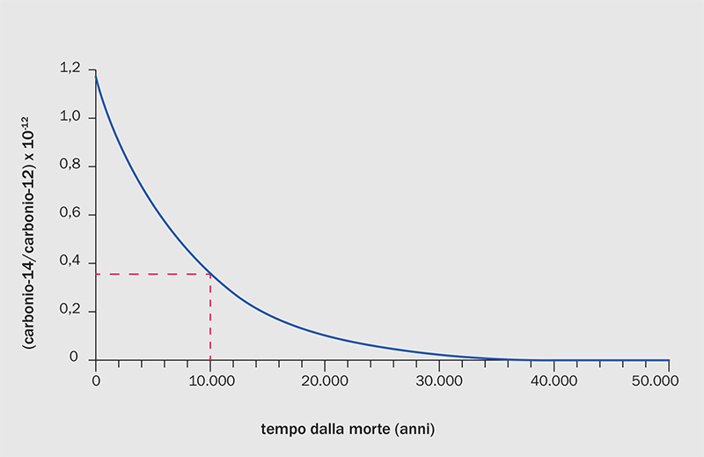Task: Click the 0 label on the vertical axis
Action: click(x=75, y=359)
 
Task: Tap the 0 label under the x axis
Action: click(x=96, y=380)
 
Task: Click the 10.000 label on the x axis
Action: click(x=210, y=380)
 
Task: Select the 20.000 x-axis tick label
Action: click(x=325, y=380)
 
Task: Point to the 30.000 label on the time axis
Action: click(x=439, y=380)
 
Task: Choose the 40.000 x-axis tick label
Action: click(x=554, y=380)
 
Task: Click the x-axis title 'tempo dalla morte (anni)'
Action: click(x=348, y=431)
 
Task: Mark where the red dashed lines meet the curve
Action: click(x=210, y=274)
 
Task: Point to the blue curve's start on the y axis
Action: click(x=96, y=76)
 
